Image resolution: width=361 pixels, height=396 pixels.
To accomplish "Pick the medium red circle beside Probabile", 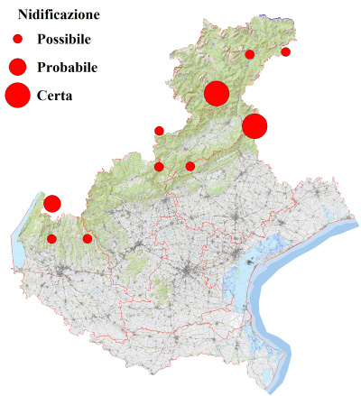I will point(17,67).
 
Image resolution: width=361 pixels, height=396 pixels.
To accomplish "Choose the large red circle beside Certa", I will point(17,95).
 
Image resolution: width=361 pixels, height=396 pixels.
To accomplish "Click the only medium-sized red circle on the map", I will point(52,204).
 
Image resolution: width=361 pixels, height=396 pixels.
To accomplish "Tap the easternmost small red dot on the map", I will point(286,52).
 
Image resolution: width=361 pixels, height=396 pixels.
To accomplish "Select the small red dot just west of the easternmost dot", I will point(250,55).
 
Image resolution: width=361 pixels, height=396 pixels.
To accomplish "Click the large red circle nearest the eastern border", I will point(255,126).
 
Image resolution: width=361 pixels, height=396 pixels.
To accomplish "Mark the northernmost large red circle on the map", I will point(217,93).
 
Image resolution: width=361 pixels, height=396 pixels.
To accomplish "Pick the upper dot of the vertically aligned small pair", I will point(160,131).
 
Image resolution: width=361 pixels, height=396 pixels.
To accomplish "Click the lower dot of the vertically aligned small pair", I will point(160,166).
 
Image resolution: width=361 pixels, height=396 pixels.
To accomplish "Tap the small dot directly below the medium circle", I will point(52,239).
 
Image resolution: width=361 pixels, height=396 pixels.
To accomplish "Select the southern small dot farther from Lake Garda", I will point(88,239).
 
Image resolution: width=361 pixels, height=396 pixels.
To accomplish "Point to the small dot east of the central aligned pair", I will point(190,166).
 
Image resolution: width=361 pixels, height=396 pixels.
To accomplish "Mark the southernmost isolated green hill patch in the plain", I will point(162,290).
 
